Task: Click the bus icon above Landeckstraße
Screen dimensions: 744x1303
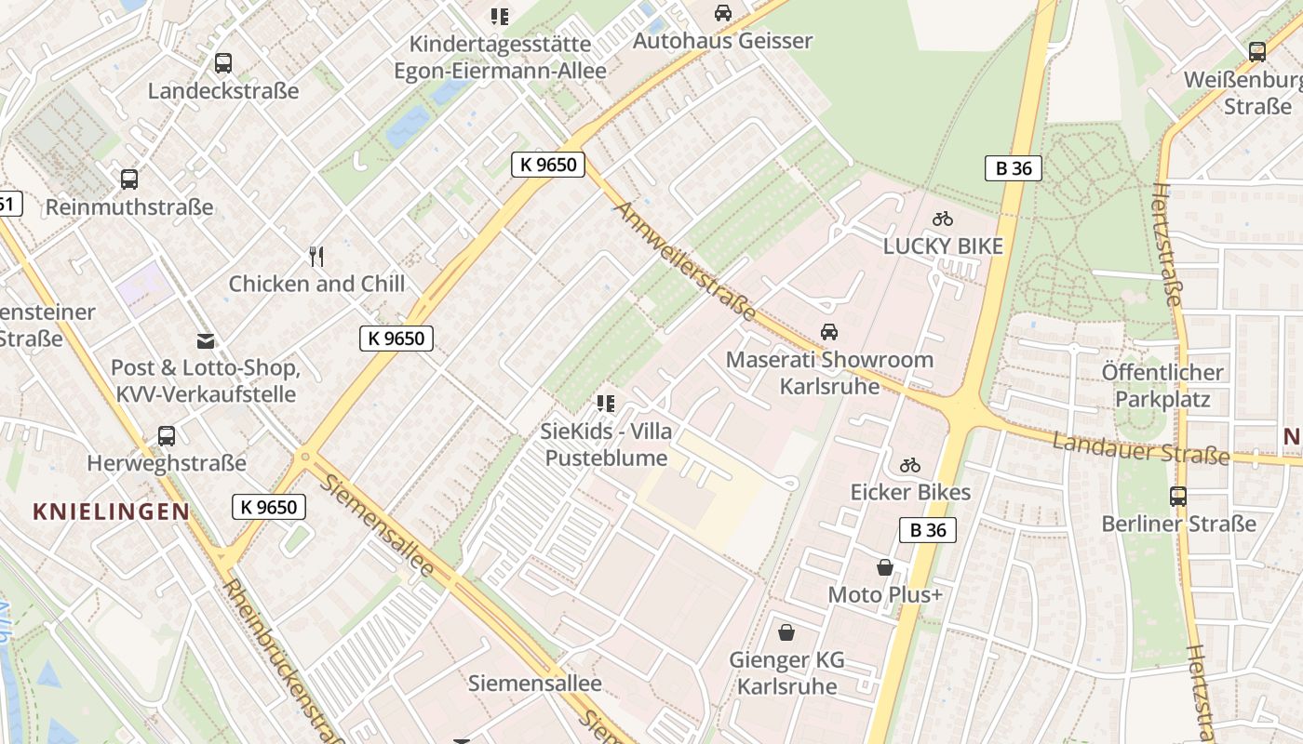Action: point(223,63)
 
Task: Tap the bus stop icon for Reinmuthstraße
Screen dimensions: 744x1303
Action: point(129,179)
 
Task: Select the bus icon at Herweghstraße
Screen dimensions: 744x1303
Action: point(167,435)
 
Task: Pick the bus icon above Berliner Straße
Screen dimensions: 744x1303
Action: point(1178,496)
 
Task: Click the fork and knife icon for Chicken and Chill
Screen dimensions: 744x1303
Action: point(316,256)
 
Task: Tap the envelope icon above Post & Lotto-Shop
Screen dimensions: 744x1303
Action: point(205,341)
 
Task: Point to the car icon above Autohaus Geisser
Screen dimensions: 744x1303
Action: point(723,13)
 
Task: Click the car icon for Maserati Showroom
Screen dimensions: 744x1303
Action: point(828,332)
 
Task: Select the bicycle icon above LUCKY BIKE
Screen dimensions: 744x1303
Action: point(943,219)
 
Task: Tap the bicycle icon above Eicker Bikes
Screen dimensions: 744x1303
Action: point(910,465)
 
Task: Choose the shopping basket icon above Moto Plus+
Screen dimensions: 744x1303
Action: point(885,566)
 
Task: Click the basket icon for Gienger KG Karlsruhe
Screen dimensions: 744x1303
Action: point(786,632)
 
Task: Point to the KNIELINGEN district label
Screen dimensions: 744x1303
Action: point(111,511)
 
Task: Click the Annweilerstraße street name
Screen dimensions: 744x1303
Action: point(684,261)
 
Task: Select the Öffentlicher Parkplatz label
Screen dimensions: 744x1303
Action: point(1162,386)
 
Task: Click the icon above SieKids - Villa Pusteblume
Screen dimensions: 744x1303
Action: point(606,404)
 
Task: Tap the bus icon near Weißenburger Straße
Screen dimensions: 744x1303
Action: point(1257,52)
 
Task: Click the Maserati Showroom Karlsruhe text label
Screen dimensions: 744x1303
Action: point(828,372)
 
